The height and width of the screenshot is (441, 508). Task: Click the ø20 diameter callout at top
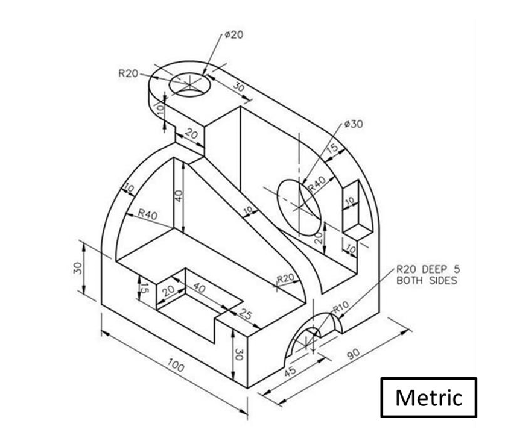(x=233, y=35)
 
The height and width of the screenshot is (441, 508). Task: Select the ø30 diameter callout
(x=354, y=124)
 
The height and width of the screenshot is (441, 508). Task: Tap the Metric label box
(x=428, y=398)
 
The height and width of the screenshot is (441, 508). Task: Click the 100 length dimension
(x=176, y=366)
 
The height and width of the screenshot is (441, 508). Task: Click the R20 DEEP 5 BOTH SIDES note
(x=427, y=275)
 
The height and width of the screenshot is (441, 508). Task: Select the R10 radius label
(x=341, y=306)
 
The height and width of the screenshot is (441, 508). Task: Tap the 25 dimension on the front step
(x=244, y=313)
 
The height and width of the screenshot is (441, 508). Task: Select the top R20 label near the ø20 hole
(x=127, y=73)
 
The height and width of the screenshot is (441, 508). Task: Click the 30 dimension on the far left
(x=78, y=269)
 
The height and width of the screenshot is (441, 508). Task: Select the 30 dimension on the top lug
(x=238, y=87)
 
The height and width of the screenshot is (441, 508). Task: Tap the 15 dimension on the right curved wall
(x=332, y=148)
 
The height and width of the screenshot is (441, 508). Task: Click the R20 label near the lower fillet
(x=285, y=278)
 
